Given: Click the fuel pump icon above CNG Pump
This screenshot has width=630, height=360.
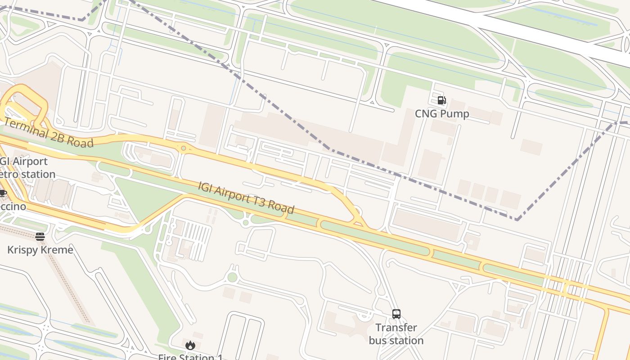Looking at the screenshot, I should point(441,100).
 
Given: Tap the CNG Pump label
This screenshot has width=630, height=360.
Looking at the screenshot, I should point(442,114).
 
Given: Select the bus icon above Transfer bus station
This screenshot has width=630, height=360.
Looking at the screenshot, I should point(396,314).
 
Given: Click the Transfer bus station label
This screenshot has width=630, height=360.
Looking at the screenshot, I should point(396,334).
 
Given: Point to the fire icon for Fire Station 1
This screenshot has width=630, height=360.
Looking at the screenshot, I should point(190,346).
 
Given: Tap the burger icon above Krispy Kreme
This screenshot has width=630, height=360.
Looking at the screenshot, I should point(40,236).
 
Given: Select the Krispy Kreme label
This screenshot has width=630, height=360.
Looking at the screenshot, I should point(40,250).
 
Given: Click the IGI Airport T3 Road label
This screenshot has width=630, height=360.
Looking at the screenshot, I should point(246,197).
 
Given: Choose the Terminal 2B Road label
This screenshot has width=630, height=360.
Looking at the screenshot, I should point(49,133).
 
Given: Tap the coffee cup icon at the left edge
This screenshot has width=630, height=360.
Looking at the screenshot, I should point(3,193).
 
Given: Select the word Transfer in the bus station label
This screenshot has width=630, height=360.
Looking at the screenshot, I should point(396,328).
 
